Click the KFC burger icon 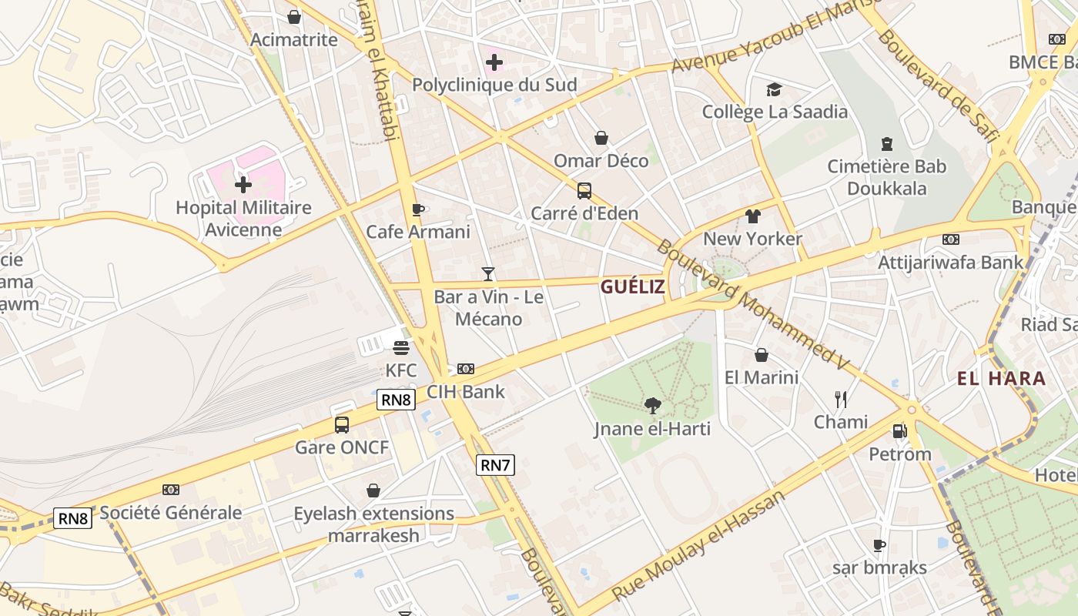[x=400, y=347]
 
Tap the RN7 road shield [x=494, y=465]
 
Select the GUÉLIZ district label [x=631, y=287]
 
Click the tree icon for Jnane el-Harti [x=652, y=405]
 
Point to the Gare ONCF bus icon [x=342, y=424]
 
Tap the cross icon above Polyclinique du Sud [x=494, y=62]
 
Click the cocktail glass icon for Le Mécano [x=487, y=273]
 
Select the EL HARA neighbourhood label [x=1001, y=378]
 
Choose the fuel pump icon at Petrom [x=899, y=431]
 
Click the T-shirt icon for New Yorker [x=752, y=216]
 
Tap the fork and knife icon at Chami [x=841, y=399]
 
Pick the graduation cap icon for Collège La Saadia [x=774, y=90]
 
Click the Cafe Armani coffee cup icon [x=417, y=209]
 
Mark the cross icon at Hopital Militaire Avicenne [x=243, y=184]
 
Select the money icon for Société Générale [x=171, y=490]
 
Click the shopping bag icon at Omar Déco [x=601, y=138]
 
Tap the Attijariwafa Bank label [x=950, y=262]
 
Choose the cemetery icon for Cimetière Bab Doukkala [x=887, y=144]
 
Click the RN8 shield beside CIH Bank [x=396, y=400]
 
